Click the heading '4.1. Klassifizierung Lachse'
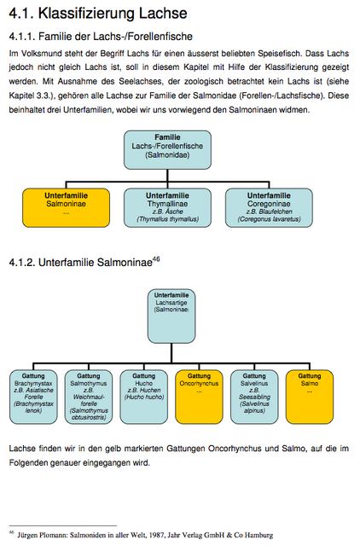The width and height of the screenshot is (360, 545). point(98,14)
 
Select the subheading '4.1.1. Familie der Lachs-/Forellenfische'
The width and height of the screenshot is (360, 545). point(101,36)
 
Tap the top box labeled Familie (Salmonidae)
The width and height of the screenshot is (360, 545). point(167,150)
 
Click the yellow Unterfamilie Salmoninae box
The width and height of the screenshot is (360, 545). point(66,208)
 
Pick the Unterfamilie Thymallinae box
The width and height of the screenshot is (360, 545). point(167,208)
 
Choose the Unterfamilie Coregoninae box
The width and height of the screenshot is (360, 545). point(269,208)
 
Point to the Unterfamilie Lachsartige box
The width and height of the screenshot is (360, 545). point(171,316)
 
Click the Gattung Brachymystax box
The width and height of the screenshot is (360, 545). point(33,397)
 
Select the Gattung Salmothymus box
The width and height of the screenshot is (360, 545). point(89,397)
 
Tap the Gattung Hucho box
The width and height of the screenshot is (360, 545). point(144,397)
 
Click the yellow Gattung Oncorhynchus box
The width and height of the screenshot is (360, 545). point(199,397)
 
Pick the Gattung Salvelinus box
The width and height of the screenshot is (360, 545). point(254,397)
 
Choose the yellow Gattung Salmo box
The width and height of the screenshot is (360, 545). point(310,397)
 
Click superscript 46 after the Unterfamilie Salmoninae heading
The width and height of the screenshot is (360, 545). point(156,259)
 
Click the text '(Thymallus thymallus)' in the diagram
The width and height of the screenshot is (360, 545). point(167,219)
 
